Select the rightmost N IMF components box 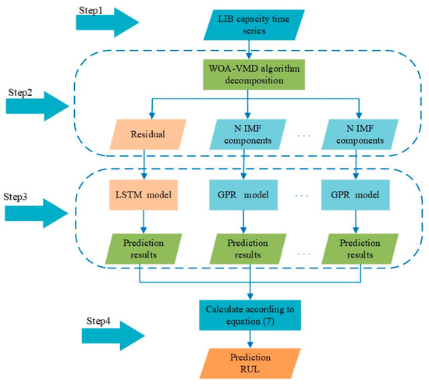click(356, 133)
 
